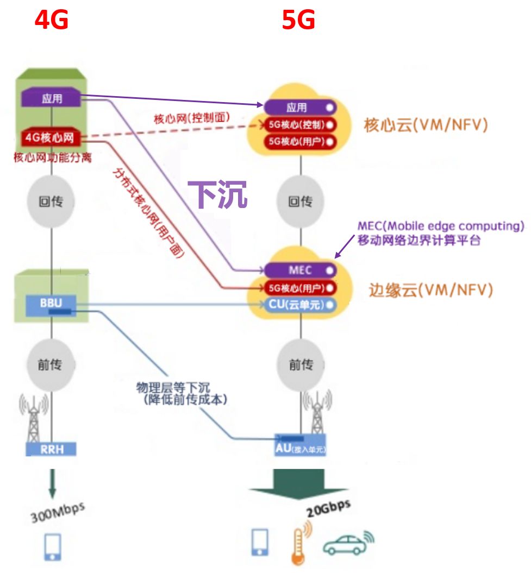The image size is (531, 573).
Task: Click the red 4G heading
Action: pyautogui.click(x=52, y=21)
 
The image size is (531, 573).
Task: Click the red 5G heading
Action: pyautogui.click(x=298, y=21)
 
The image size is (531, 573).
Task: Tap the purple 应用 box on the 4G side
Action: pyautogui.click(x=52, y=99)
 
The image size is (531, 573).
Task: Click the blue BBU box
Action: pyautogui.click(x=51, y=303)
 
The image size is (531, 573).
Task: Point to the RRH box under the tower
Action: pyautogui.click(x=51, y=449)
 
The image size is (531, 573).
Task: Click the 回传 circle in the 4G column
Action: pyautogui.click(x=51, y=202)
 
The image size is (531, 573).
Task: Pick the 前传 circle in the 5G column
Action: pyautogui.click(x=301, y=364)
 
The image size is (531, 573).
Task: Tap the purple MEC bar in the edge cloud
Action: pyautogui.click(x=301, y=270)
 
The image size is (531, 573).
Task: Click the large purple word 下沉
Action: pyautogui.click(x=217, y=194)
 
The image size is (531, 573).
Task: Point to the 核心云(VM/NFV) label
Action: pyautogui.click(x=426, y=125)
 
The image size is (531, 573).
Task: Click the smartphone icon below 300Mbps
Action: pyautogui.click(x=52, y=546)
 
